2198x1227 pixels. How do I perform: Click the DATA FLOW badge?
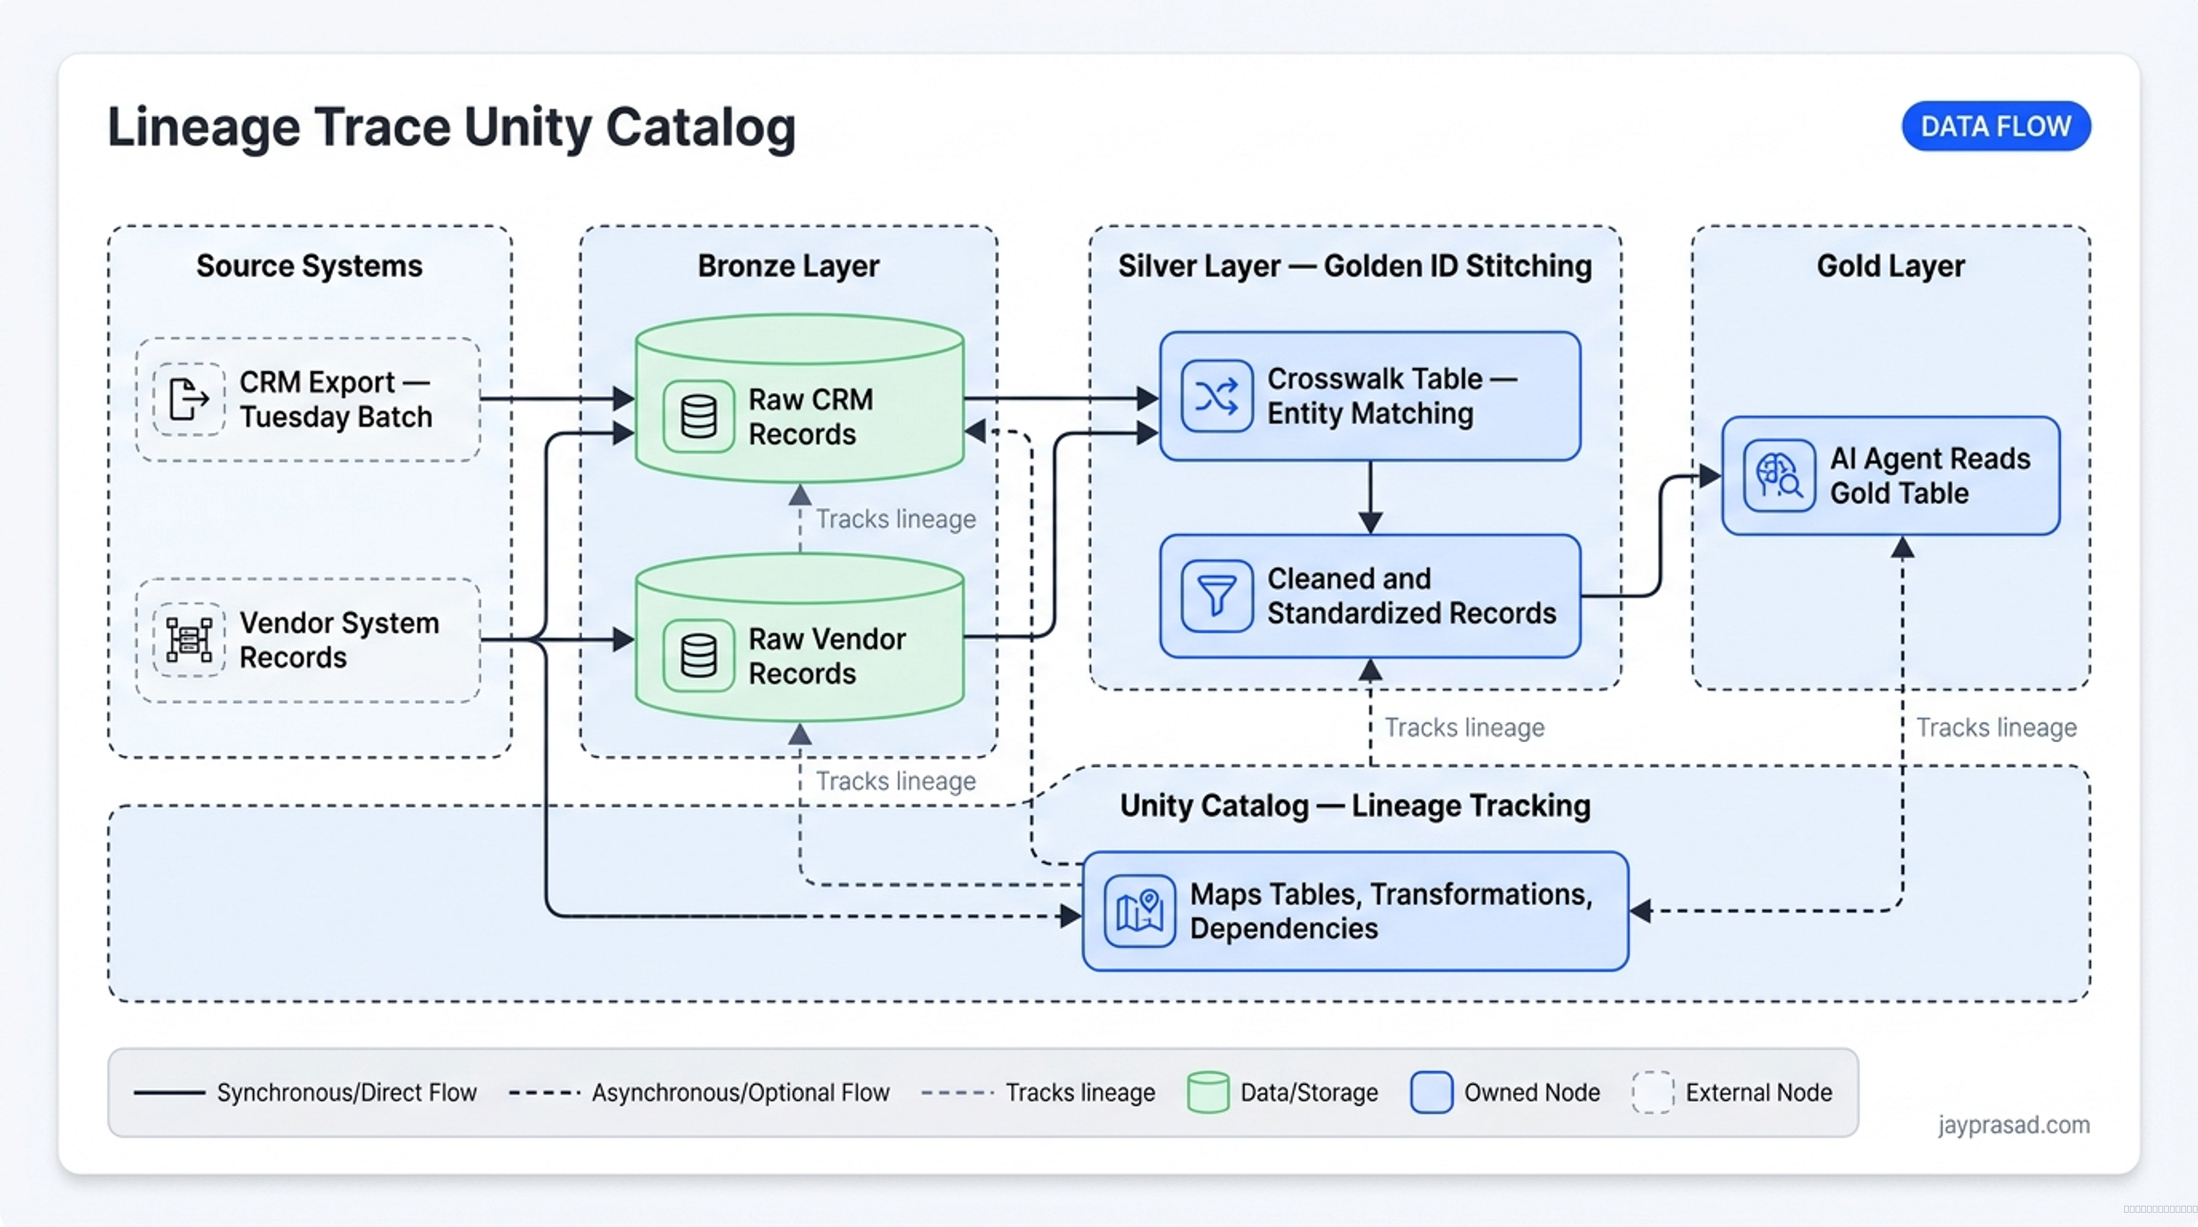(1996, 127)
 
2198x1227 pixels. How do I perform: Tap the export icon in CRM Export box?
(188, 399)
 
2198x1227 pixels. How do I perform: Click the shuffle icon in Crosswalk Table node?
(1217, 396)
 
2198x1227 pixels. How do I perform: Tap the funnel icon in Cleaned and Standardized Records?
(1217, 595)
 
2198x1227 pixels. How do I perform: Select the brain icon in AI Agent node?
(1779, 475)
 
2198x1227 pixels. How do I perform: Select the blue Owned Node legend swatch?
(1432, 1092)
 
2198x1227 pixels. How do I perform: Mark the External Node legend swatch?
(1653, 1092)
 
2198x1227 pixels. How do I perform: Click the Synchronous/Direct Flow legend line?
(169, 1093)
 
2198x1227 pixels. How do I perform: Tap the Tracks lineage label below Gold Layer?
(1997, 728)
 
